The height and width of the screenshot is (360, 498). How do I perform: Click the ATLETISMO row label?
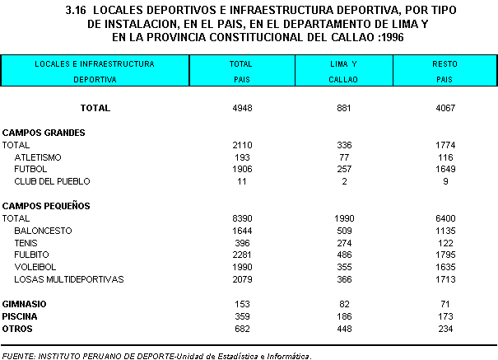38,157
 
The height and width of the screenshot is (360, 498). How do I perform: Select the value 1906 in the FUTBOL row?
241,169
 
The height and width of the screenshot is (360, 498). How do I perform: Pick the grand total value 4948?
241,108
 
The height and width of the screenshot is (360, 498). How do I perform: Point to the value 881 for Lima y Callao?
344,108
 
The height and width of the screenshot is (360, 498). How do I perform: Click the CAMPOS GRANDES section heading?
44,132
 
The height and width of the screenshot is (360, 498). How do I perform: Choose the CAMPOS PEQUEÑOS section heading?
46,205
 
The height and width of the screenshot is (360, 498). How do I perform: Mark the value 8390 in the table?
241,218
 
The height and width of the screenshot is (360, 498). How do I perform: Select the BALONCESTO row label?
43,231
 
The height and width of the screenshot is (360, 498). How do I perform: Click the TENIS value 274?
344,242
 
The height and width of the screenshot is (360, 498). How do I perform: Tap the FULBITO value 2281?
241,255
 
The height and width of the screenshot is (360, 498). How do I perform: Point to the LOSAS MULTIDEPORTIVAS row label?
68,279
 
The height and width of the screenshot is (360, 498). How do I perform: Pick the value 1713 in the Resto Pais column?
444,279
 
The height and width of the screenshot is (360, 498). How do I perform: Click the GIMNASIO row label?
25,304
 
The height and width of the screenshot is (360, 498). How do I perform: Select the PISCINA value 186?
344,316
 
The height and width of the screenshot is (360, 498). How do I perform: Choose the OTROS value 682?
241,328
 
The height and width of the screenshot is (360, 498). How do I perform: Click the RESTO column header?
444,63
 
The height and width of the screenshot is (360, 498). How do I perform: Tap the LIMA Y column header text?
344,63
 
